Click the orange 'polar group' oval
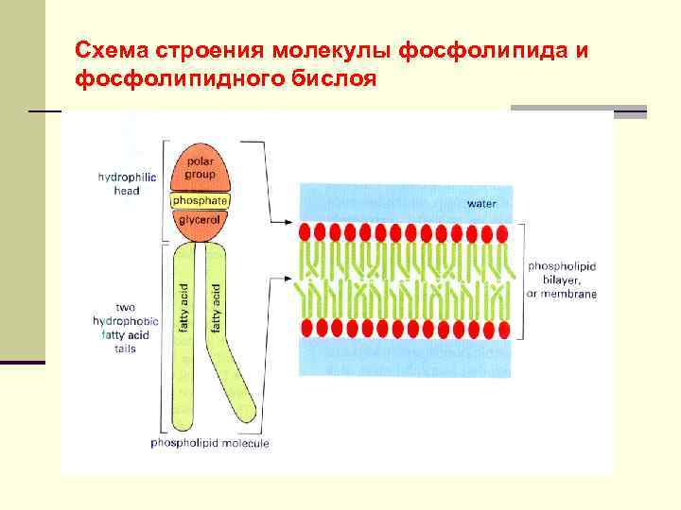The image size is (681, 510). pos(200,168)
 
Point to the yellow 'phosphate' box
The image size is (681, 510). pos(200,201)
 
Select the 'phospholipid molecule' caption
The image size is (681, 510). pos(210,443)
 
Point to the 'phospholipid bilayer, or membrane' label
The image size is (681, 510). pos(562,280)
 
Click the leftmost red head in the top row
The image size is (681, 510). pos(305,232)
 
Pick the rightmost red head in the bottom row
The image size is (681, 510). pos(503,328)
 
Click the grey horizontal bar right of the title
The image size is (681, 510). pos(579,111)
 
